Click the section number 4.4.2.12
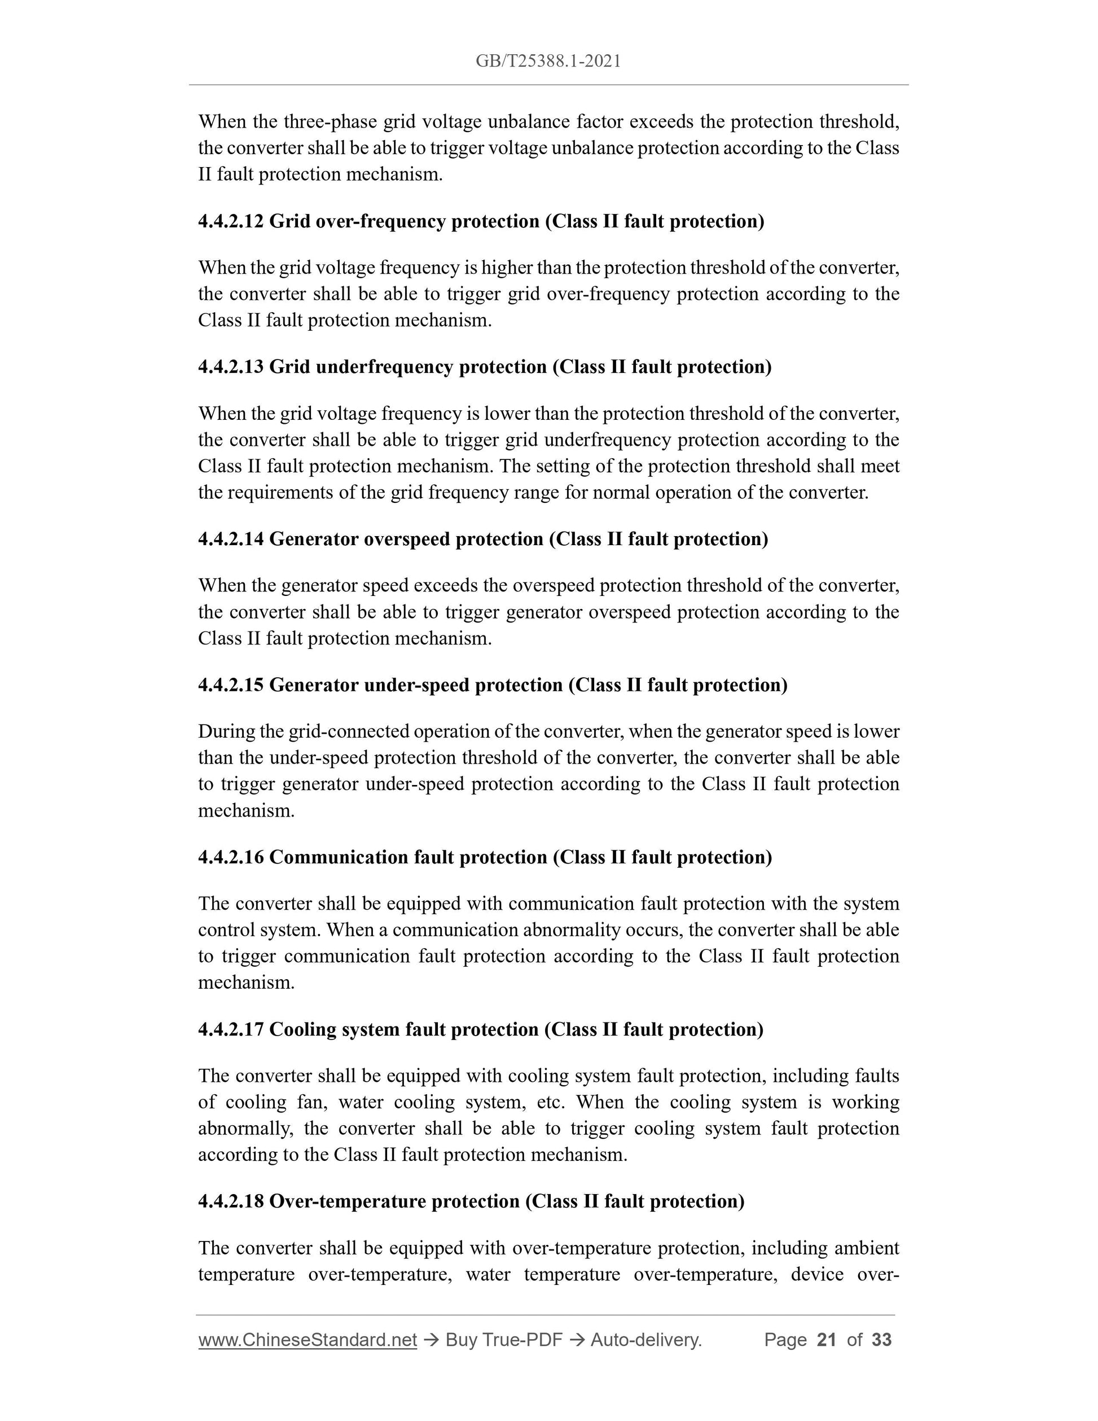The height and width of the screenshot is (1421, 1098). click(231, 222)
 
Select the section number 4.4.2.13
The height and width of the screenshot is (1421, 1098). click(231, 367)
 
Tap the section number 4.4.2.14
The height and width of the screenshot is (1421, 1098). click(231, 540)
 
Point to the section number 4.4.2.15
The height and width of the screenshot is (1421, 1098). click(231, 685)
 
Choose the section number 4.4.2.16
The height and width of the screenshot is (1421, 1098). click(231, 858)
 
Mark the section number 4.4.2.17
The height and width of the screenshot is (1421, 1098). click(231, 1029)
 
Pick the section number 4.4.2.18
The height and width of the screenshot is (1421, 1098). click(231, 1201)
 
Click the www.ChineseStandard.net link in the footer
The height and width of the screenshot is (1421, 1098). click(307, 1340)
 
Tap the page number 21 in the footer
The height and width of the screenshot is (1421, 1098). click(826, 1340)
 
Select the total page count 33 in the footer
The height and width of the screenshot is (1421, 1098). click(881, 1340)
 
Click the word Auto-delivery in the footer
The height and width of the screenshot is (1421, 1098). click(645, 1340)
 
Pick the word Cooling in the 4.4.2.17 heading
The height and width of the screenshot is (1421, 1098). click(302, 1029)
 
